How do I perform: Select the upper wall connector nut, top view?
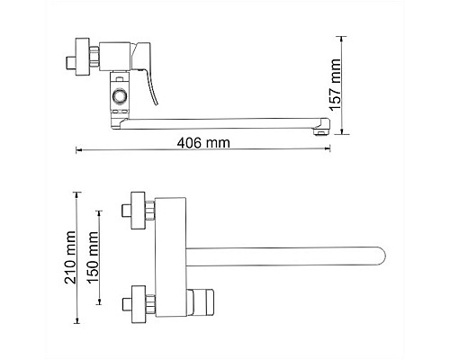point(138,208)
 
